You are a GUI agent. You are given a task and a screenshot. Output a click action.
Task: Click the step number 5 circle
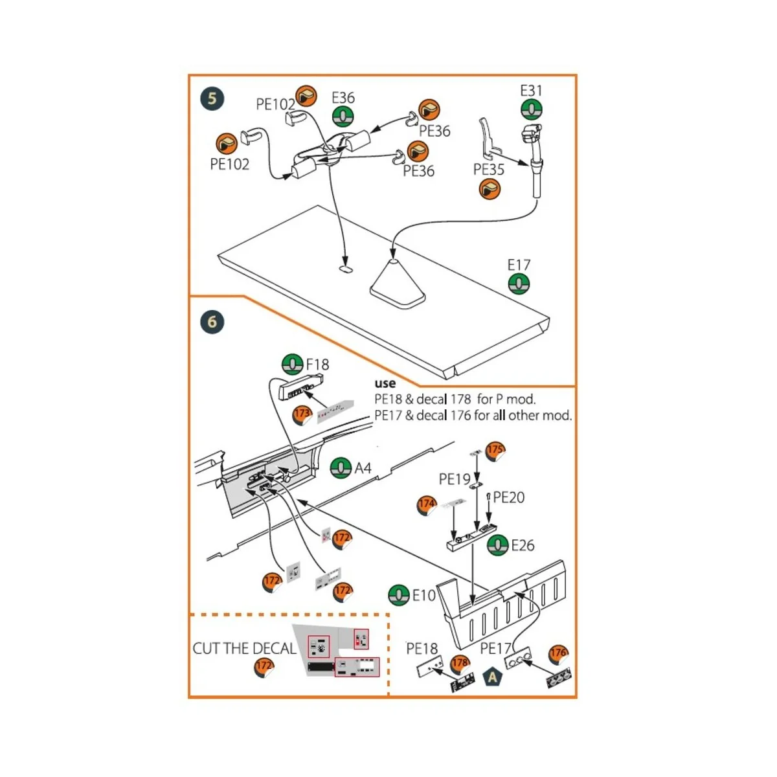[212, 99]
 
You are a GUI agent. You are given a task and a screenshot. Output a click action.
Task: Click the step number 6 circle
[212, 322]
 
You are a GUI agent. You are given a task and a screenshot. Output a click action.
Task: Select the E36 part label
[343, 98]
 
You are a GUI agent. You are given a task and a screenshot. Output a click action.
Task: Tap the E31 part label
[531, 91]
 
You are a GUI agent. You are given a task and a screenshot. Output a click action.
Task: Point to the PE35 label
[488, 170]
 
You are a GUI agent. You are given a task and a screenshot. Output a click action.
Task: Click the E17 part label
[519, 265]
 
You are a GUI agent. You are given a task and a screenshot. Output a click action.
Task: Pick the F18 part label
[317, 365]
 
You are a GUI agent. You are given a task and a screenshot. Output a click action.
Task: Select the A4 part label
[363, 467]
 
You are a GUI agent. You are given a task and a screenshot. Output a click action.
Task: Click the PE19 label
[455, 479]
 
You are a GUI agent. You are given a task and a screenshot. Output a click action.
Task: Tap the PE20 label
[509, 497]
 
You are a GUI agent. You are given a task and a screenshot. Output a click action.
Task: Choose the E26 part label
[523, 545]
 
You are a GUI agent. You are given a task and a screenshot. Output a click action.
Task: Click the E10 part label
[424, 595]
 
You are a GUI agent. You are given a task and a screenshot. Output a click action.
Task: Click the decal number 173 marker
[302, 414]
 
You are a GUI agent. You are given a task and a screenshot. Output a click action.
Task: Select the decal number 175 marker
[495, 450]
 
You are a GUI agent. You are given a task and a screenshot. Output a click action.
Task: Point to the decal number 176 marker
[558, 653]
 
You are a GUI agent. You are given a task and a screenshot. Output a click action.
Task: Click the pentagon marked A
[493, 677]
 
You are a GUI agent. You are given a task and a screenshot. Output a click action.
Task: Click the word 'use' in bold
[385, 383]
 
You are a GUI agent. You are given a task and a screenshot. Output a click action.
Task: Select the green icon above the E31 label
[531, 110]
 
